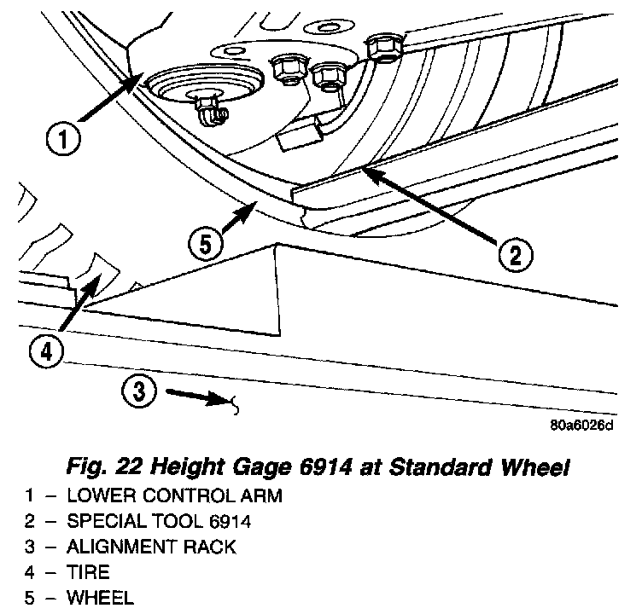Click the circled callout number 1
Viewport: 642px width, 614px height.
coord(65,139)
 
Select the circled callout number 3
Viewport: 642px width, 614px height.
coord(140,391)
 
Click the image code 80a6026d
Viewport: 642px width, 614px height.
coord(581,425)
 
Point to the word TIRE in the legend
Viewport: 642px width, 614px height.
coord(88,571)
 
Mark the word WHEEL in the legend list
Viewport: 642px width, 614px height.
coord(100,597)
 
